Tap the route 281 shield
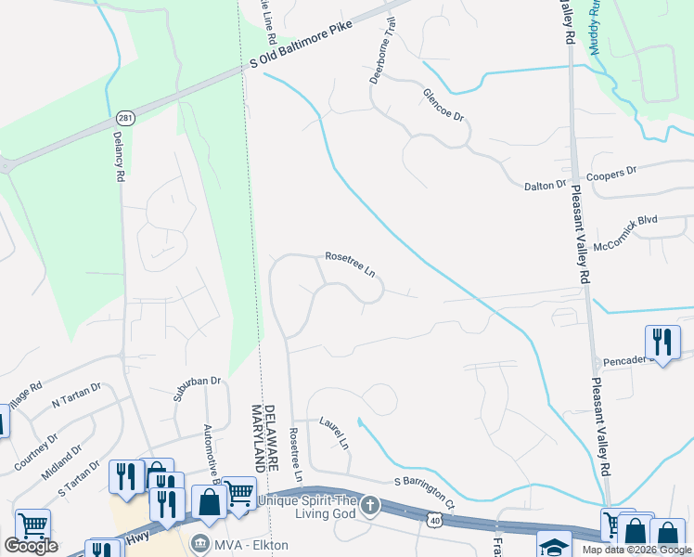tap(126, 118)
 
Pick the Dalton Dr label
tap(545, 186)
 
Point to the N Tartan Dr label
tap(74, 400)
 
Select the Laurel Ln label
tap(335, 431)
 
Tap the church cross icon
tap(370, 505)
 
